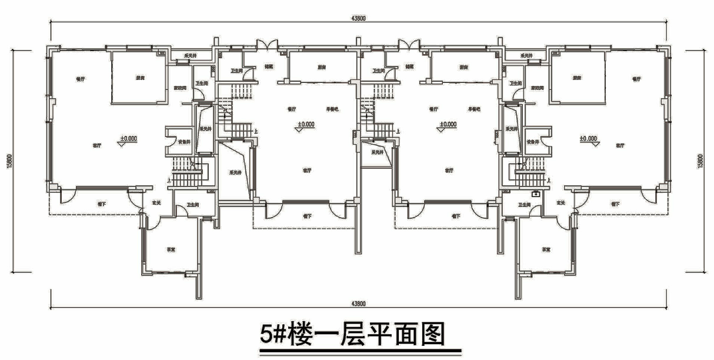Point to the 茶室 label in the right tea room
[x=546, y=249]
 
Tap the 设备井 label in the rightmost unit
[x=533, y=142]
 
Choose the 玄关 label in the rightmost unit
[x=560, y=203]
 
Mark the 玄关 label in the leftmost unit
[x=156, y=203]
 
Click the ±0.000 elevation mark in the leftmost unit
[x=128, y=139]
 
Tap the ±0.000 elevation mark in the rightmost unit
[x=588, y=139]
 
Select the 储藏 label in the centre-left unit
[x=269, y=68]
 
